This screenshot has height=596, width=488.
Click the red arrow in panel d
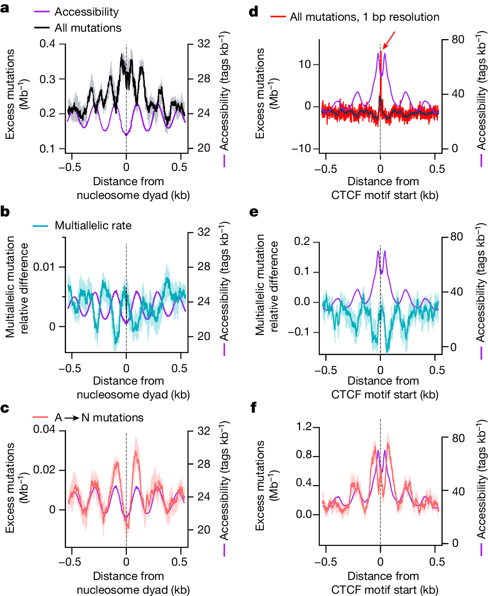pyautogui.click(x=389, y=40)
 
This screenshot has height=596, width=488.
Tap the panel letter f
pyautogui.click(x=253, y=407)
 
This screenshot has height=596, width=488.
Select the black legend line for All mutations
pyautogui.click(x=42, y=28)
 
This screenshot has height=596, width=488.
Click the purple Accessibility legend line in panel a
pyautogui.click(x=42, y=12)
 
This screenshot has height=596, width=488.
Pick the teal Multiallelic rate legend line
pyautogui.click(x=40, y=226)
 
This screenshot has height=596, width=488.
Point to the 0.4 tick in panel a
pyautogui.click(x=47, y=44)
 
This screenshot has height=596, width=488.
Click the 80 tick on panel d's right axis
pyautogui.click(x=457, y=40)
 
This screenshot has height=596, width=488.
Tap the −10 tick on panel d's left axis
pyautogui.click(x=301, y=148)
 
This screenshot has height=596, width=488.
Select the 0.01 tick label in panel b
pyautogui.click(x=44, y=267)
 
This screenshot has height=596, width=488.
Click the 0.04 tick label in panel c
pyautogui.click(x=44, y=430)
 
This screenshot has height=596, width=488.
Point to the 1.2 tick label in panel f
pyautogui.click(x=304, y=427)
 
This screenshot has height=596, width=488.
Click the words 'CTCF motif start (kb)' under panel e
pyautogui.click(x=385, y=394)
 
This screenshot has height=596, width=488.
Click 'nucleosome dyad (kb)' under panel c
pyautogui.click(x=133, y=590)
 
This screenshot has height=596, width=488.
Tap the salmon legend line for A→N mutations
pyautogui.click(x=40, y=417)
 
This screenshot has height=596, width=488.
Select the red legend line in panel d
pyautogui.click(x=278, y=17)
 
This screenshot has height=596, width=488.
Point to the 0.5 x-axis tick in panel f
pyautogui.click(x=437, y=562)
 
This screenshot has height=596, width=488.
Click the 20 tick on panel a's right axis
pyautogui.click(x=204, y=148)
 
